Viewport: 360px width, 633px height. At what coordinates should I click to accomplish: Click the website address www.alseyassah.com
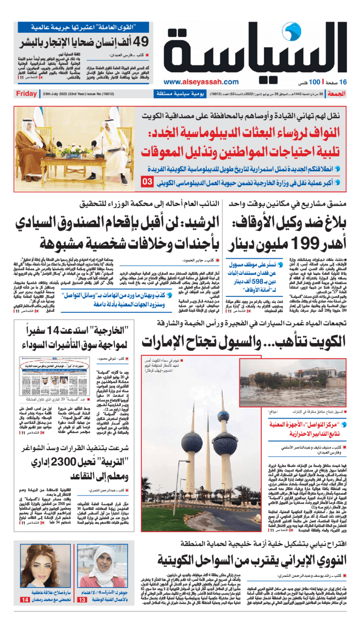click(x=201, y=82)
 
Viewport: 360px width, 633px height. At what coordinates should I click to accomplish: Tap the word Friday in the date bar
click(x=26, y=94)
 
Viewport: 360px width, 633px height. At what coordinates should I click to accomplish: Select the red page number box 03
click(x=147, y=182)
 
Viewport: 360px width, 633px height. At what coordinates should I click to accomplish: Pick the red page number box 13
click(x=83, y=625)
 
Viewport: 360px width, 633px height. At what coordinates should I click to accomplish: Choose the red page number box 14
click(x=25, y=625)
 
